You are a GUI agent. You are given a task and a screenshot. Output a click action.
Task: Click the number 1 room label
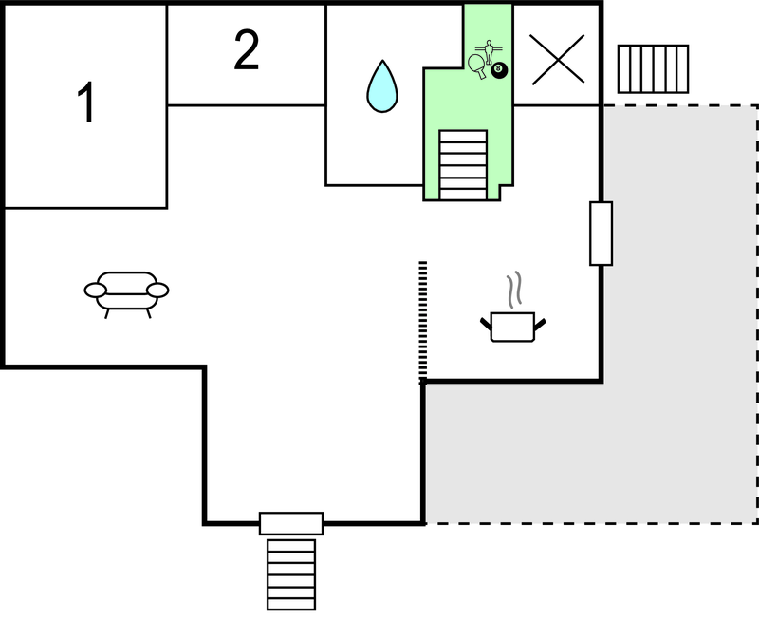coord(86,103)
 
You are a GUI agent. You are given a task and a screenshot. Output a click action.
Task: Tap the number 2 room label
coord(247,51)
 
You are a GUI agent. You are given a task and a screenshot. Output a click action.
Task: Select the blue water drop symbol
coord(381,85)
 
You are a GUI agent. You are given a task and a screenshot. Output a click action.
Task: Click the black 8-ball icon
coord(499,69)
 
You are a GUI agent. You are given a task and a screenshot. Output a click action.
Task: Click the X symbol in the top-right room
coord(557,58)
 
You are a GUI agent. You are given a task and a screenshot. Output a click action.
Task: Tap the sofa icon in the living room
coord(126,291)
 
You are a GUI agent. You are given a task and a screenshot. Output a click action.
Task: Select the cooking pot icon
coord(513,326)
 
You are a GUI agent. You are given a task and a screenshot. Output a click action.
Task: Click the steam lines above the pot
coord(514,291)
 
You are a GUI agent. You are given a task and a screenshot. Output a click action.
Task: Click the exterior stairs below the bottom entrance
coord(291,573)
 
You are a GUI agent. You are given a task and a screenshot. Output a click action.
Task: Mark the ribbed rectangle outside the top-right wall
coord(653,67)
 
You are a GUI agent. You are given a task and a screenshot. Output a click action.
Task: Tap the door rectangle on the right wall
coord(601,233)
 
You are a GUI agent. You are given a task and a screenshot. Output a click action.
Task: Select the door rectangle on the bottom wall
coord(291,523)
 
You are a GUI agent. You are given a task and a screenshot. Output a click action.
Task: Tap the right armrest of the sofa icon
coord(157,289)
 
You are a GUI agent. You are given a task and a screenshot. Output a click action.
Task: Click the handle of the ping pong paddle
coord(483,73)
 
